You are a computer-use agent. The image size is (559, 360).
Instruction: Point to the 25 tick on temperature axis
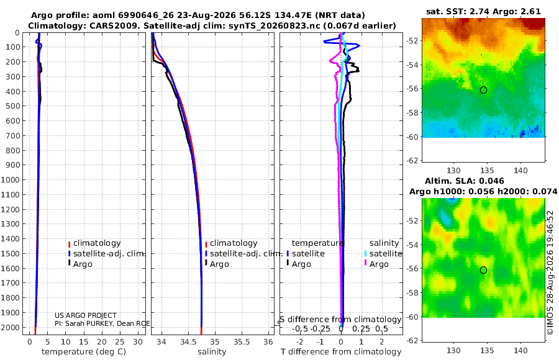pyautogui.click(x=120, y=341)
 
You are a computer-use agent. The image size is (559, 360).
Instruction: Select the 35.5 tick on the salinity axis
pyautogui.click(x=242, y=341)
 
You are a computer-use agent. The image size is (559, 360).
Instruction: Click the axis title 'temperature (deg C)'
pyautogui.click(x=84, y=352)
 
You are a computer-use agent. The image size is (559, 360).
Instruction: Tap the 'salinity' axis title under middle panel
pyautogui.click(x=212, y=352)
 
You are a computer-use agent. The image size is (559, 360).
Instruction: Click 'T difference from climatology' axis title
pyautogui.click(x=341, y=352)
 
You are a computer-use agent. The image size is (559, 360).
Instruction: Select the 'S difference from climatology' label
pyautogui.click(x=340, y=320)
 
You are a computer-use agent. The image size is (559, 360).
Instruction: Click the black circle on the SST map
pyautogui.click(x=483, y=90)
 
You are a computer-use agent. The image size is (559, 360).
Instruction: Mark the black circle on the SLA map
pyautogui.click(x=483, y=270)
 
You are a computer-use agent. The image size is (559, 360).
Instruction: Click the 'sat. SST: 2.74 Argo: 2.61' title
pyautogui.click(x=483, y=11)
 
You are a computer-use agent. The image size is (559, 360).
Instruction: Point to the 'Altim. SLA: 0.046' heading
pyautogui.click(x=465, y=181)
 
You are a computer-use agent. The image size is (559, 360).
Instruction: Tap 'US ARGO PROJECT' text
pyautogui.click(x=86, y=315)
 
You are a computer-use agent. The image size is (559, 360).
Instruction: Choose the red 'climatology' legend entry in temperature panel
pyautogui.click(x=94, y=243)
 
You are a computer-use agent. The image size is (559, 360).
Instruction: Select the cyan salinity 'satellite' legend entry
pyautogui.click(x=383, y=254)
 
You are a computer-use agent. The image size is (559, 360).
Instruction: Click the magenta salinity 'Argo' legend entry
pyautogui.click(x=376, y=264)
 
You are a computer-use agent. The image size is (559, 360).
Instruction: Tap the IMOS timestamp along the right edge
pyautogui.click(x=550, y=272)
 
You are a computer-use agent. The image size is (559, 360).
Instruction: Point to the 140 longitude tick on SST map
pyautogui.click(x=520, y=171)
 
